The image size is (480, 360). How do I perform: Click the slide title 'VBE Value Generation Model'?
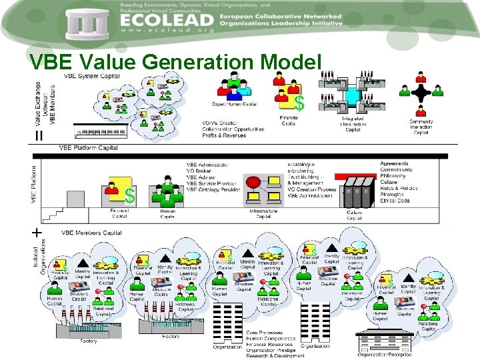click(x=175, y=63)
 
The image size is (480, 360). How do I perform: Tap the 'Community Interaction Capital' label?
click(x=421, y=127)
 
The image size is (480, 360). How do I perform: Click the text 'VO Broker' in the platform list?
click(x=199, y=171)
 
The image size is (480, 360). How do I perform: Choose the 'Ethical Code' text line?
click(x=394, y=201)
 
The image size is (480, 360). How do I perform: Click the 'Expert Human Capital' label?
click(x=234, y=104)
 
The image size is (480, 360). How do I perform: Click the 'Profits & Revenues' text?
click(x=224, y=135)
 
